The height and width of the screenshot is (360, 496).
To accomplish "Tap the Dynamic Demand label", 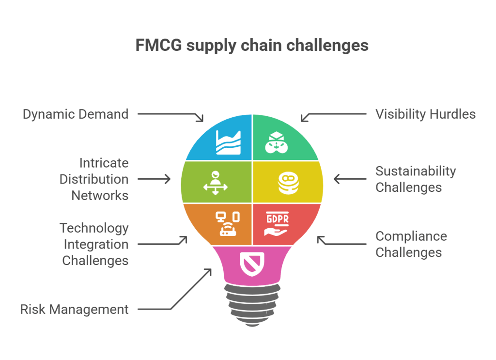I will click(x=76, y=114).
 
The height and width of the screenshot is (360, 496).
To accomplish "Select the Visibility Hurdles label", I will click(x=425, y=114).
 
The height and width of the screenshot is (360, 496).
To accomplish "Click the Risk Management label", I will click(x=75, y=309).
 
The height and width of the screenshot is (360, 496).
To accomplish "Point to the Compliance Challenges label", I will click(x=411, y=244).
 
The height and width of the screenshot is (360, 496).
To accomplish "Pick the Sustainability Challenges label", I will click(x=416, y=179).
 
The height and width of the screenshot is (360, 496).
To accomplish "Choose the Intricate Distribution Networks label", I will click(x=94, y=179).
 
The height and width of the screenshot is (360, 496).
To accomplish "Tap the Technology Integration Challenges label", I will click(x=94, y=244).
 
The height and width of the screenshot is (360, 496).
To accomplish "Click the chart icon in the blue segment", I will click(x=228, y=142).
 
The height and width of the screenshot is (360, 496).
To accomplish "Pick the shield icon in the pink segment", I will click(x=252, y=263).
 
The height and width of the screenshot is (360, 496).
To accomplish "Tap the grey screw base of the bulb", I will click(x=251, y=303).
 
